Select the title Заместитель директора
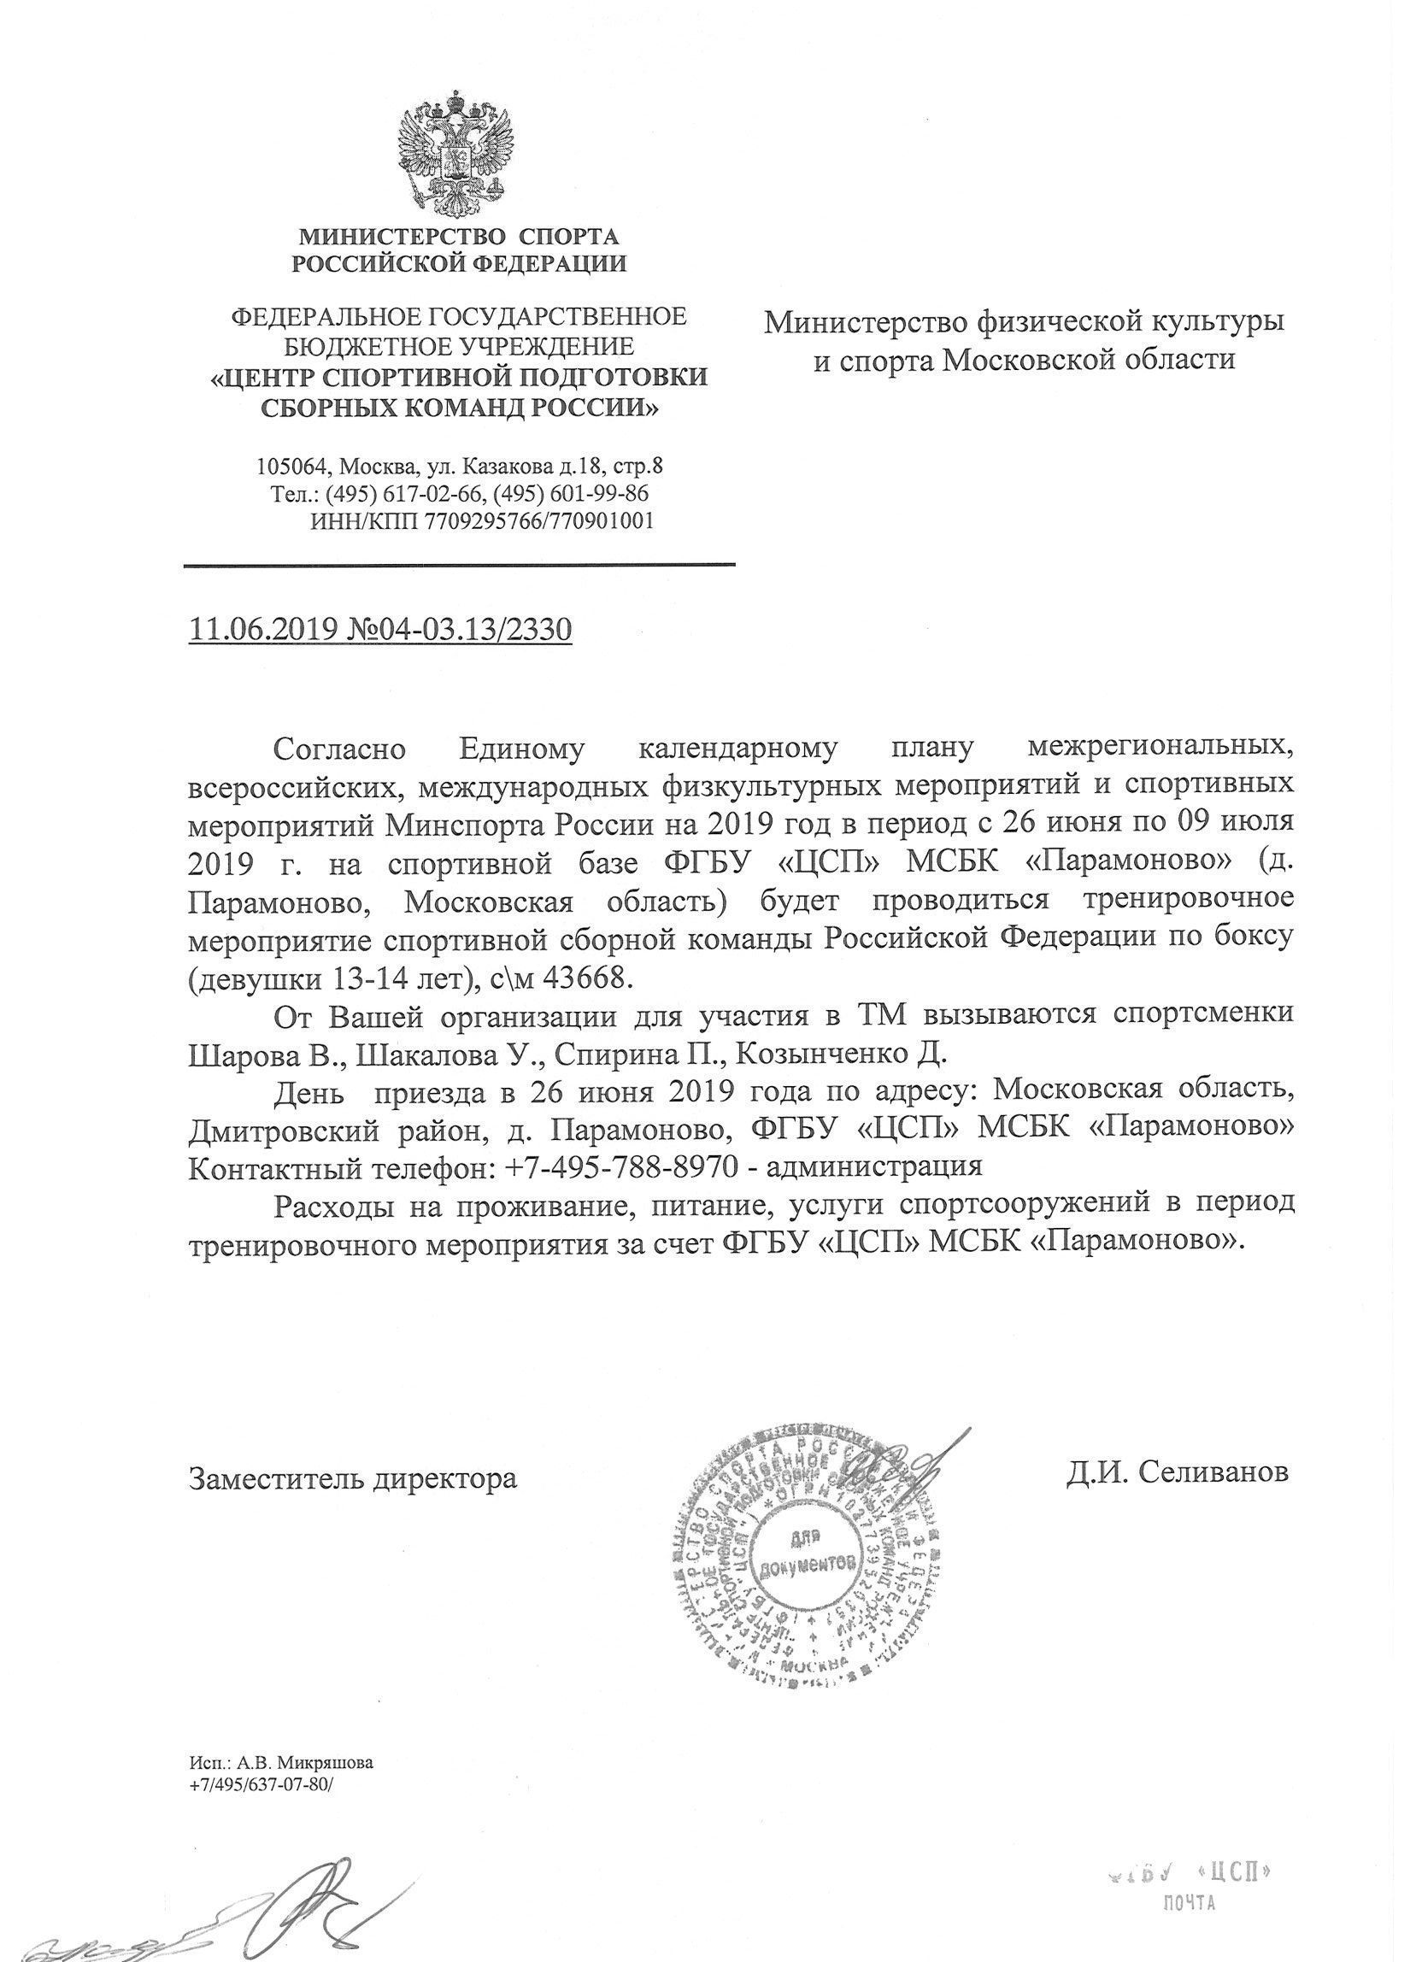353,1477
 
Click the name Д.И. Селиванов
1178,1471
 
